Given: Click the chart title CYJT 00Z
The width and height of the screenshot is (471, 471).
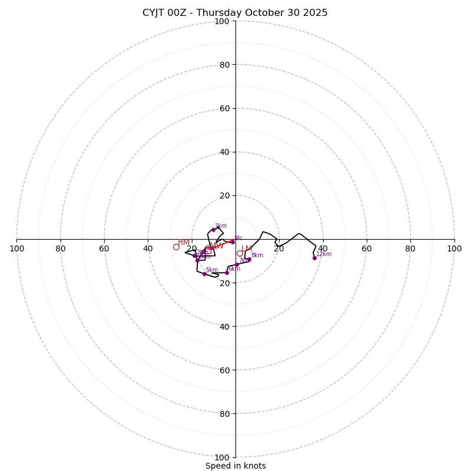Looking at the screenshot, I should click(235, 13).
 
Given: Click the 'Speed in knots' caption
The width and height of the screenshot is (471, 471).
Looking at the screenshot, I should click(235, 466).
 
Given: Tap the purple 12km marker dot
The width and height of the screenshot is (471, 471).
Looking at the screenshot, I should click(314, 258).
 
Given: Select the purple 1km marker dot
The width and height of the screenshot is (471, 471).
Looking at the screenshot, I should click(213, 230).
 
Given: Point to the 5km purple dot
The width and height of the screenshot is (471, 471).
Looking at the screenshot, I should click(204, 274).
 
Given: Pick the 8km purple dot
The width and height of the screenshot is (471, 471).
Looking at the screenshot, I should click(249, 259).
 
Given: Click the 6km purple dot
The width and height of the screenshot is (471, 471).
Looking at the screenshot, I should click(227, 273).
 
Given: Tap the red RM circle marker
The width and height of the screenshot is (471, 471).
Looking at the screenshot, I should click(176, 247).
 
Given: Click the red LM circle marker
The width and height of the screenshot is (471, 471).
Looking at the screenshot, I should click(240, 254).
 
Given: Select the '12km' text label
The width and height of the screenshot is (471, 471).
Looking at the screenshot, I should click(324, 254).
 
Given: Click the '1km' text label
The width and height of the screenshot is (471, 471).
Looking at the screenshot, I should click(221, 225).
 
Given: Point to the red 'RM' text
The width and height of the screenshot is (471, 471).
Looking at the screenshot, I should click(184, 243).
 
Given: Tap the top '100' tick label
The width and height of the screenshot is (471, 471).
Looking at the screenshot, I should click(222, 21).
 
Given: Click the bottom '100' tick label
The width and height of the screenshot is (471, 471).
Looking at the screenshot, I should click(222, 457).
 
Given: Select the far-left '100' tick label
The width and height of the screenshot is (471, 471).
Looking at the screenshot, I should click(16, 248).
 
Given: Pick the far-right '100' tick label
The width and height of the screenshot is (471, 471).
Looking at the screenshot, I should click(455, 248).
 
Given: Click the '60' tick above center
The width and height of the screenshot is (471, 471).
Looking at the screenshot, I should click(224, 108).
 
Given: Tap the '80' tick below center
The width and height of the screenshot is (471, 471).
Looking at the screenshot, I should click(224, 413).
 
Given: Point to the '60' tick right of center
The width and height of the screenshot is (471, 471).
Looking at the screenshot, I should click(366, 248).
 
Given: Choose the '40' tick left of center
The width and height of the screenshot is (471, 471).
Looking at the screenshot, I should click(148, 248).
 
